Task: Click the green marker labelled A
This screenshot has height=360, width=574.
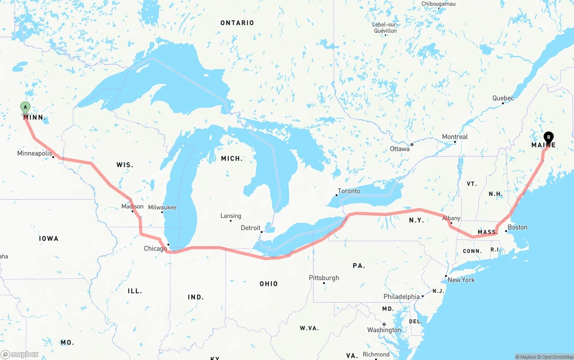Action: click(x=26, y=107)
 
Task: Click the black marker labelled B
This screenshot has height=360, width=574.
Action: click(x=548, y=137)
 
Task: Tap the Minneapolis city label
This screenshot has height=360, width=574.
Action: click(x=35, y=153)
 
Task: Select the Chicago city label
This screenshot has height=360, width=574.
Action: click(x=155, y=249)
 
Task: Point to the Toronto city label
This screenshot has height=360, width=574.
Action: click(x=349, y=191)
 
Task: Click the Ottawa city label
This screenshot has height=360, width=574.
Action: click(x=400, y=148)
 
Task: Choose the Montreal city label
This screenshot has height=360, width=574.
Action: click(x=455, y=137)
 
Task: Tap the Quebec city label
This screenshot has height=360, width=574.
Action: click(x=503, y=98)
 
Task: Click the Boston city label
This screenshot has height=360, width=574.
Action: click(x=517, y=227)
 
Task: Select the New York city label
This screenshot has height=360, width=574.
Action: click(x=461, y=280)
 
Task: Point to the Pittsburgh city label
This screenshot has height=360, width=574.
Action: click(x=324, y=278)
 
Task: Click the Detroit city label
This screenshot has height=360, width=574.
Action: click(x=250, y=228)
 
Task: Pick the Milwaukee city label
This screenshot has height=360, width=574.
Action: click(x=162, y=208)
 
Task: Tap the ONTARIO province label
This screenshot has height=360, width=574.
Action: click(x=237, y=23)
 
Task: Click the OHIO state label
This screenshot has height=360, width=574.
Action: click(x=269, y=284)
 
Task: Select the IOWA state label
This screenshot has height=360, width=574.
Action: click(x=48, y=239)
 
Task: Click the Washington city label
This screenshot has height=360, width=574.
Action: click(x=384, y=330)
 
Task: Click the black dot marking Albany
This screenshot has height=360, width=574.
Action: click(x=451, y=223)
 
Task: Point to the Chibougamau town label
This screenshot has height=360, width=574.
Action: click(x=439, y=4)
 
